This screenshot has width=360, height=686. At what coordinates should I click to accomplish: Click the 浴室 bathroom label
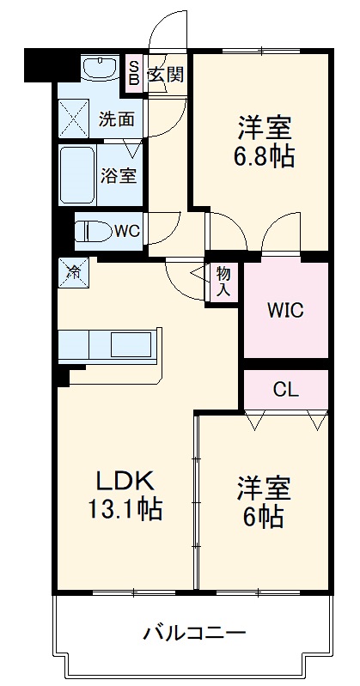(119, 176)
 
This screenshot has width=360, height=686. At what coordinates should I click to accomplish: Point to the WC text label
(127, 230)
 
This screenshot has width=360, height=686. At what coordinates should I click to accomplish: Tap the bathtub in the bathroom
(79, 174)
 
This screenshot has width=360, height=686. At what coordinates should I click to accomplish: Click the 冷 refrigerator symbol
(73, 273)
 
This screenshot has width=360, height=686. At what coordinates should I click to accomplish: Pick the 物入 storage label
(223, 281)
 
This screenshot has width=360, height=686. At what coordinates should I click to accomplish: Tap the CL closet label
(285, 389)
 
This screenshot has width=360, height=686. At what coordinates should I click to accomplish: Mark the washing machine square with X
(72, 118)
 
